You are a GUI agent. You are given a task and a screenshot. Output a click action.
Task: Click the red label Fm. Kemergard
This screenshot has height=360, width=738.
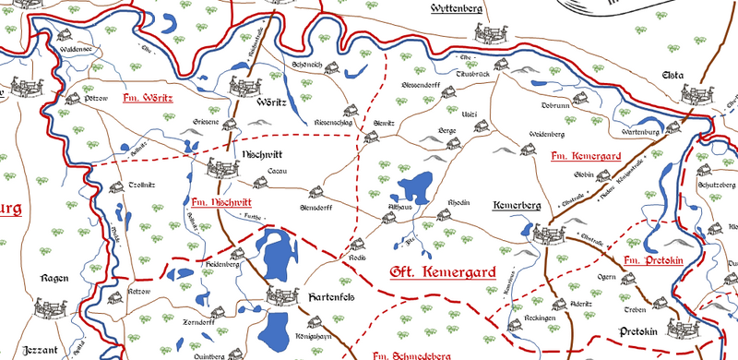coord(583,155)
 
